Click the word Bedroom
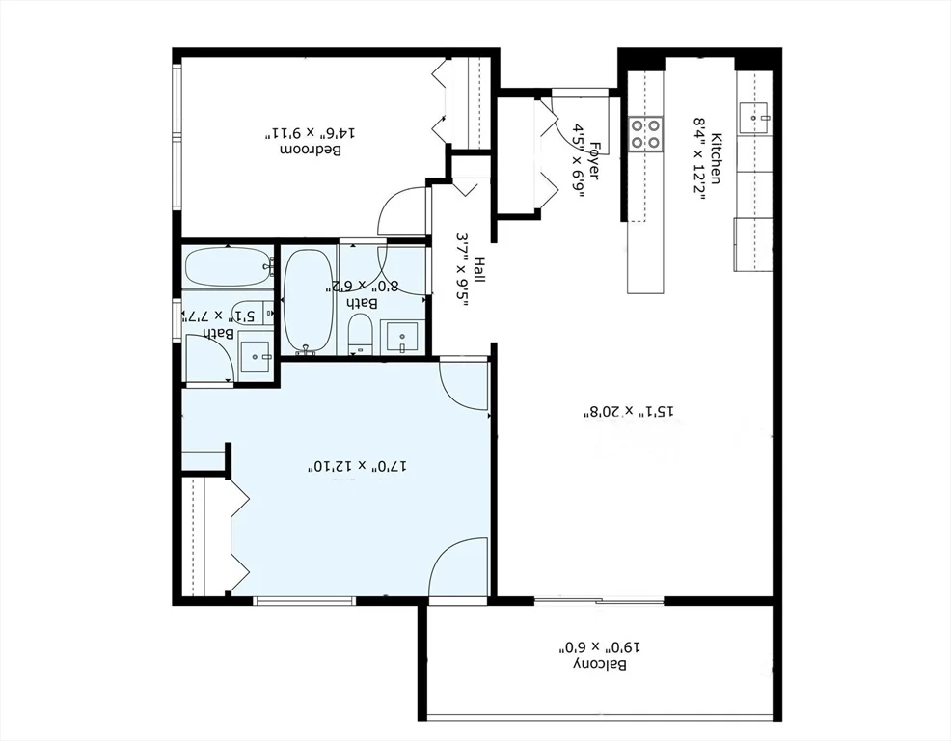tap(314, 151)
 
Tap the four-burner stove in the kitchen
tap(645, 133)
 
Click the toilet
tap(361, 332)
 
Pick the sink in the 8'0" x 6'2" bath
tap(400, 338)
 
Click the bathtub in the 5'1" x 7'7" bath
tap(227, 266)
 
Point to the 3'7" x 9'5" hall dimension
tap(461, 270)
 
